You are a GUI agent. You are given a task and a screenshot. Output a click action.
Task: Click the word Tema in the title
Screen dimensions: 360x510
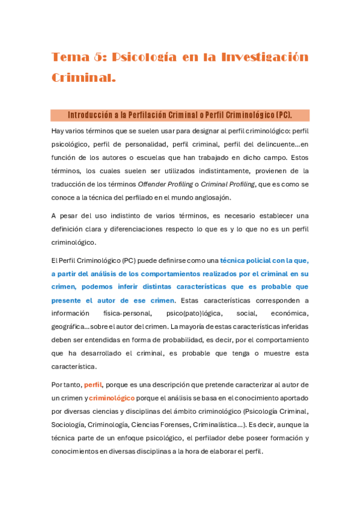pyautogui.click(x=68, y=57)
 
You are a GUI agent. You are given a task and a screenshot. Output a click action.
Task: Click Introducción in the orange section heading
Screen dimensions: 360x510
pyautogui.click(x=90, y=115)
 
